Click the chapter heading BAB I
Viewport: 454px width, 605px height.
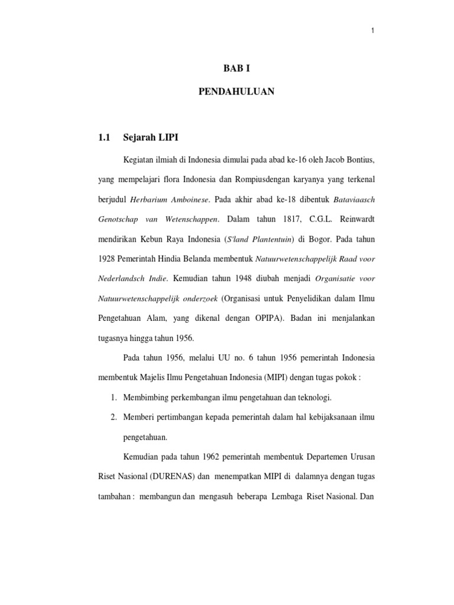[x=232, y=69]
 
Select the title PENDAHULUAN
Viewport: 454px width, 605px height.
[x=232, y=92]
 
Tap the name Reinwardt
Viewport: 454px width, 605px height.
[x=353, y=220]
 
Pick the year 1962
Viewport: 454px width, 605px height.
[x=215, y=458]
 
